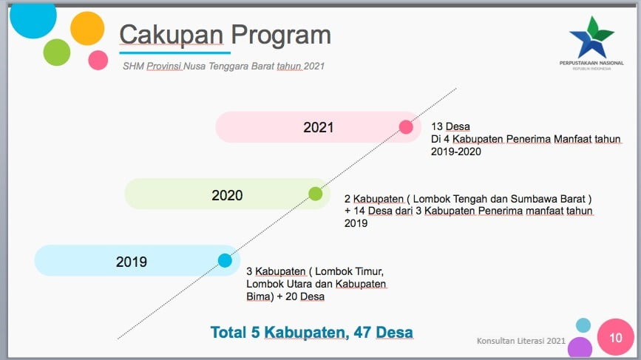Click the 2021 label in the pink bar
click(319, 127)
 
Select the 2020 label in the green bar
click(227, 195)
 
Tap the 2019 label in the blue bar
click(131, 262)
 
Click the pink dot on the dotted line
click(406, 127)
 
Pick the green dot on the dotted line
click(316, 194)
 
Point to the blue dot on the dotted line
click(225, 260)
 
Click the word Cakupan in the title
click(172, 35)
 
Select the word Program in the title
click(281, 35)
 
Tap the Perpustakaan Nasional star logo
click(591, 38)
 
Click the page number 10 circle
click(615, 337)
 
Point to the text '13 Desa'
click(450, 126)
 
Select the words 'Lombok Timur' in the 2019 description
click(349, 271)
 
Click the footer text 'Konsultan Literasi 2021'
click(520, 341)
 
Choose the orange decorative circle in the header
click(87, 28)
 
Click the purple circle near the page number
click(580, 348)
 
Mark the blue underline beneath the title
click(175, 52)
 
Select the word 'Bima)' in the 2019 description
click(260, 296)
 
